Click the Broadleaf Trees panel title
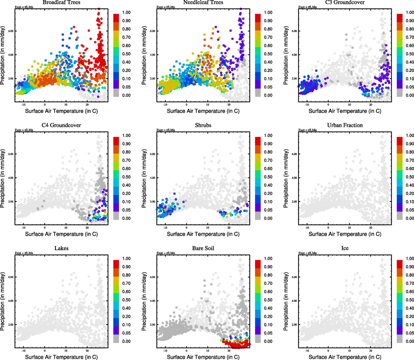pos(61,2)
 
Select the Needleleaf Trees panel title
pos(203,2)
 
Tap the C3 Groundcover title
pos(345,2)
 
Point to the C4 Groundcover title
pos(61,125)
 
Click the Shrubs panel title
pos(203,125)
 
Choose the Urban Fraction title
pos(345,125)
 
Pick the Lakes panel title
pos(61,248)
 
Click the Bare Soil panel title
pos(203,248)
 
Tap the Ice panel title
pos(345,248)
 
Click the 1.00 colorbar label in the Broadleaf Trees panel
pos(126,13)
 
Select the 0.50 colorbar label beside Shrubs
pos(268,177)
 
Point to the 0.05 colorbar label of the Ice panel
pos(410,333)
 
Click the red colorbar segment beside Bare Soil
pos(258,264)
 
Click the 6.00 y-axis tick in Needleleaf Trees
pos(153,31)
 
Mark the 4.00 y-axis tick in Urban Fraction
pos(294,178)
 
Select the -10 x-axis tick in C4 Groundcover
pos(23,228)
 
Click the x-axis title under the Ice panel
pos(345,357)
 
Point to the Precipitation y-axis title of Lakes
pos(3,301)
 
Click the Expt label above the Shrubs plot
pos(166,130)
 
